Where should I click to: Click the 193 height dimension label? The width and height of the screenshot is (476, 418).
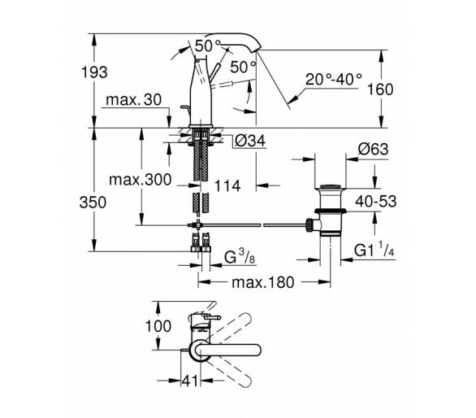[94, 72]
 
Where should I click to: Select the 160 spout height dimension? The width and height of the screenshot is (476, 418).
[380, 89]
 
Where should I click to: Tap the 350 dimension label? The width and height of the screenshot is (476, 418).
[93, 202]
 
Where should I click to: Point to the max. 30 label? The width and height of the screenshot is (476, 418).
[134, 100]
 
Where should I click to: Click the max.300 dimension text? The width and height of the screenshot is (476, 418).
[141, 180]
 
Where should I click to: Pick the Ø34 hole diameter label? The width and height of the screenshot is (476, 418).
[250, 141]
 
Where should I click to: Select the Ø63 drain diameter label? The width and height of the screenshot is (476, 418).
[373, 149]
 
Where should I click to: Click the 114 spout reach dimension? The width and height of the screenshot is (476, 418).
[227, 185]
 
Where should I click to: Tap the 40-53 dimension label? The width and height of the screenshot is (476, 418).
[376, 201]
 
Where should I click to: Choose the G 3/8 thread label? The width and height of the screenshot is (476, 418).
[240, 258]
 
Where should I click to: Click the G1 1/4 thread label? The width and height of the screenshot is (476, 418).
[374, 251]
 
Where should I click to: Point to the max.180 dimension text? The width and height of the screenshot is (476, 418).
[263, 282]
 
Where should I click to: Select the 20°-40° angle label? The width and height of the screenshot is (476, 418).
[334, 80]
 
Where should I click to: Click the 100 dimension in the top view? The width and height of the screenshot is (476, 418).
[158, 326]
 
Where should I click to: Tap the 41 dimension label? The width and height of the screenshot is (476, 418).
[190, 381]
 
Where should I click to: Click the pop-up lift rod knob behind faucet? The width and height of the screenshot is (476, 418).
[184, 107]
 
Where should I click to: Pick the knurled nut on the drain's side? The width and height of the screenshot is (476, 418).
[309, 225]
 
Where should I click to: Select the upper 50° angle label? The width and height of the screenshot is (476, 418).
[208, 46]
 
